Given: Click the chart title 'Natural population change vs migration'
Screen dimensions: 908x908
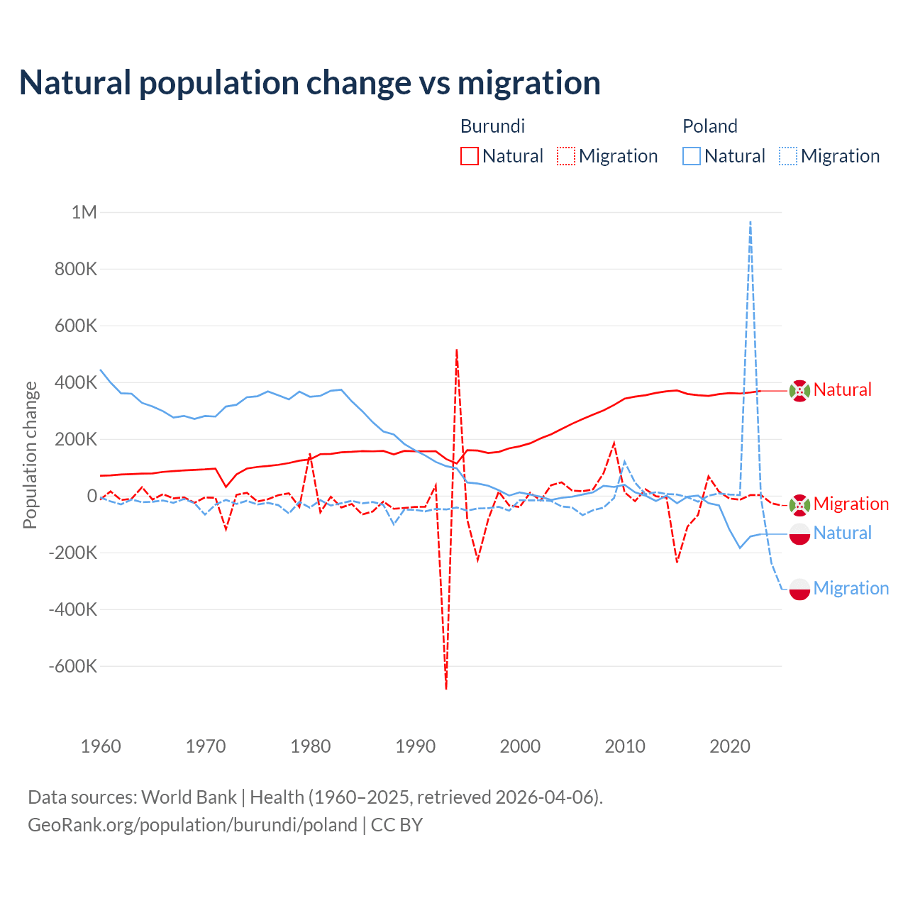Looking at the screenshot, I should [x=310, y=82].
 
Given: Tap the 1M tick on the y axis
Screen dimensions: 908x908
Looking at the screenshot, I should [x=84, y=212].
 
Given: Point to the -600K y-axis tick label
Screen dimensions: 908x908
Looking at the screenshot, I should [x=73, y=666].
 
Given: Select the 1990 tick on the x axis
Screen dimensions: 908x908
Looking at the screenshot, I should [x=416, y=746].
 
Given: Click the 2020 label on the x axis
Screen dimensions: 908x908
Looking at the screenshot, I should [x=730, y=746].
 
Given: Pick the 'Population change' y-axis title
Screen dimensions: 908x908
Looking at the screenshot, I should [x=30, y=455].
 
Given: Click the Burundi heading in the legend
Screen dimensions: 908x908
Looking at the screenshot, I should [x=492, y=126].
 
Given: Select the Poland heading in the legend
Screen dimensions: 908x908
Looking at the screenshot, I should [x=709, y=126].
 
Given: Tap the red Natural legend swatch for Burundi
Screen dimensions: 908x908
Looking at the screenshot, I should [x=470, y=156].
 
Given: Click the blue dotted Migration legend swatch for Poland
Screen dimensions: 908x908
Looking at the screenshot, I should [x=788, y=156].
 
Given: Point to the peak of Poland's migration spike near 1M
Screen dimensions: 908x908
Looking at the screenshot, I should [x=751, y=222].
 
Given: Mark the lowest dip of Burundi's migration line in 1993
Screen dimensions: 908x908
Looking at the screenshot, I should [x=446, y=688].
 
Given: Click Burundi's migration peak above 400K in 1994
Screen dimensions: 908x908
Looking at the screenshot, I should [x=457, y=350].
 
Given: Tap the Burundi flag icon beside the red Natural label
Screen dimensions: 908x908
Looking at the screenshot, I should [x=799, y=390].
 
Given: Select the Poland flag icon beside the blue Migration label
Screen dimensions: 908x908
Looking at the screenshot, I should [x=799, y=589].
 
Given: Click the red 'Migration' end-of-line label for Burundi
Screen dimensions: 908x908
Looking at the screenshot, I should [x=851, y=504].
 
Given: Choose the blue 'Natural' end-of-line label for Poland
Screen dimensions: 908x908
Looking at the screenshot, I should [x=842, y=533].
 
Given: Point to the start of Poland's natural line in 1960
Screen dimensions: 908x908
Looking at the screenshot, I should [x=101, y=370].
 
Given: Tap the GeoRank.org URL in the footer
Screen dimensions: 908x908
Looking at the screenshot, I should [x=192, y=825].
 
